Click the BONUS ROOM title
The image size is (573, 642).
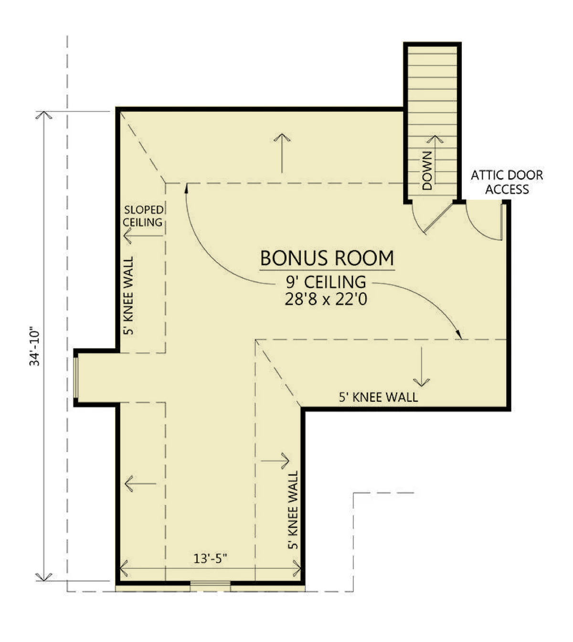tap(327, 258)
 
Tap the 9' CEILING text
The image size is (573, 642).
tap(326, 282)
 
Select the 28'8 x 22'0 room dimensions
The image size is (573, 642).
tap(326, 299)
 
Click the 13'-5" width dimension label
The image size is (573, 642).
tap(210, 558)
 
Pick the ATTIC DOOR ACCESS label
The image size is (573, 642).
tap(507, 182)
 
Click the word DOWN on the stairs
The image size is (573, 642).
tap(427, 171)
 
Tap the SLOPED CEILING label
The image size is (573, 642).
tap(143, 216)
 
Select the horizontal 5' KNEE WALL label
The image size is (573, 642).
tap(379, 397)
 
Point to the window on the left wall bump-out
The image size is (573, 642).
tap(76, 377)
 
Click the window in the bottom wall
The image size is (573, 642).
tap(210, 584)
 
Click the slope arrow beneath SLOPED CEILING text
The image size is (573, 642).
tap(143, 236)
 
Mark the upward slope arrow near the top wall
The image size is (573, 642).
tap(282, 153)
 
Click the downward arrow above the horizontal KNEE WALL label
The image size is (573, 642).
tap(422, 367)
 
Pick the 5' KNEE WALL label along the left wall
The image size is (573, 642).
tap(128, 295)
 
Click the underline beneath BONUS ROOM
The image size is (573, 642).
tap(327, 270)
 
